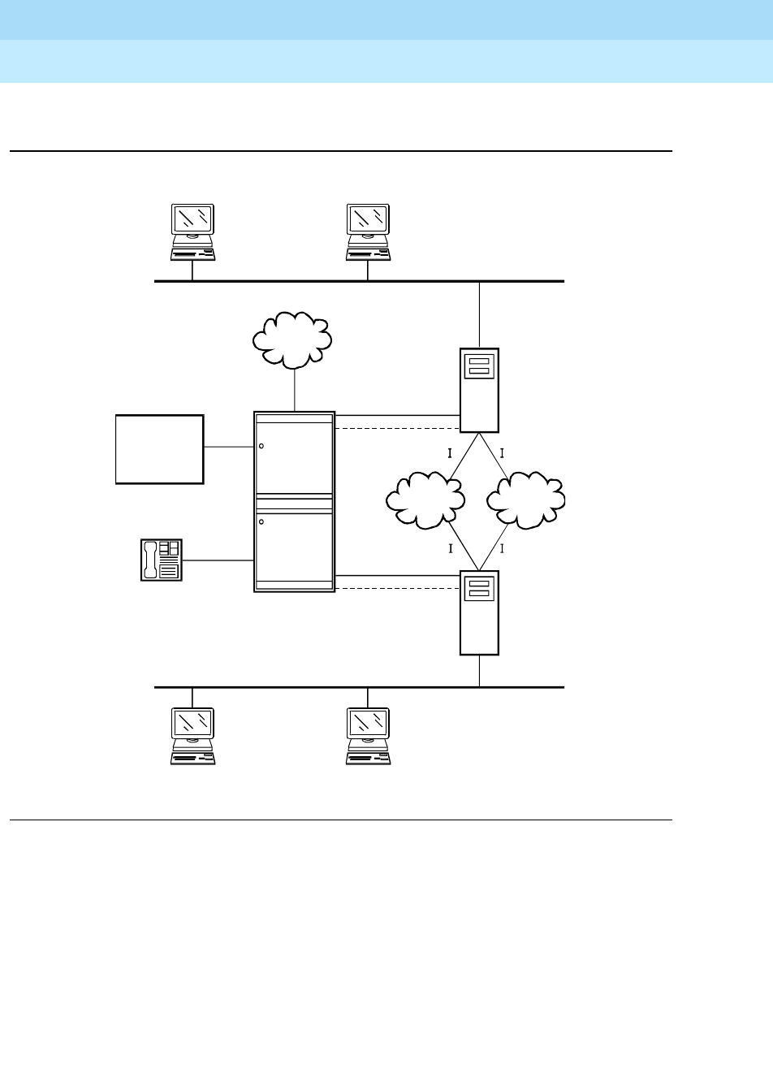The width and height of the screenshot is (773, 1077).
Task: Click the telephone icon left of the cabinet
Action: pyautogui.click(x=162, y=560)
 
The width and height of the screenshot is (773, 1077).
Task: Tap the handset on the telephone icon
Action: pyautogui.click(x=149, y=560)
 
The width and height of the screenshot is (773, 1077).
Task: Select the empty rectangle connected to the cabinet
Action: pyautogui.click(x=159, y=449)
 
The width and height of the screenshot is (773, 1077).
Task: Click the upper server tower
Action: pyautogui.click(x=479, y=390)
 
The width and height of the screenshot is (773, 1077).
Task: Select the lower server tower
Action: pyautogui.click(x=479, y=612)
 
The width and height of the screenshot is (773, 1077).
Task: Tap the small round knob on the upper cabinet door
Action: pyautogui.click(x=261, y=446)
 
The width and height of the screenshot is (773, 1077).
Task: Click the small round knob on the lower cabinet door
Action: pyautogui.click(x=261, y=521)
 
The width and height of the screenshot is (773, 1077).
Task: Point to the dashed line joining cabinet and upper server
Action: pyautogui.click(x=397, y=428)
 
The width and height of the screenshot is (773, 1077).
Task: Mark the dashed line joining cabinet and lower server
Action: pyautogui.click(x=397, y=590)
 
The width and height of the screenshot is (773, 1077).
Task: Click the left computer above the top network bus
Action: pyautogui.click(x=192, y=232)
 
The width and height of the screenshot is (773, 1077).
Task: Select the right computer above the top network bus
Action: pyautogui.click(x=368, y=232)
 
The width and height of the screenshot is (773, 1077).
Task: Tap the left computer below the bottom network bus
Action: pyautogui.click(x=192, y=736)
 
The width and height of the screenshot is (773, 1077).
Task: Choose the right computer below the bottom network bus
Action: pyautogui.click(x=368, y=736)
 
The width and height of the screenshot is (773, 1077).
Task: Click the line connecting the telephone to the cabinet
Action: pyautogui.click(x=218, y=560)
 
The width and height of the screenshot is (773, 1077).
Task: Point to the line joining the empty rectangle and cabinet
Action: pyautogui.click(x=228, y=446)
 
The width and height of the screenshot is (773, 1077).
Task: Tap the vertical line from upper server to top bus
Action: pyautogui.click(x=480, y=315)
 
